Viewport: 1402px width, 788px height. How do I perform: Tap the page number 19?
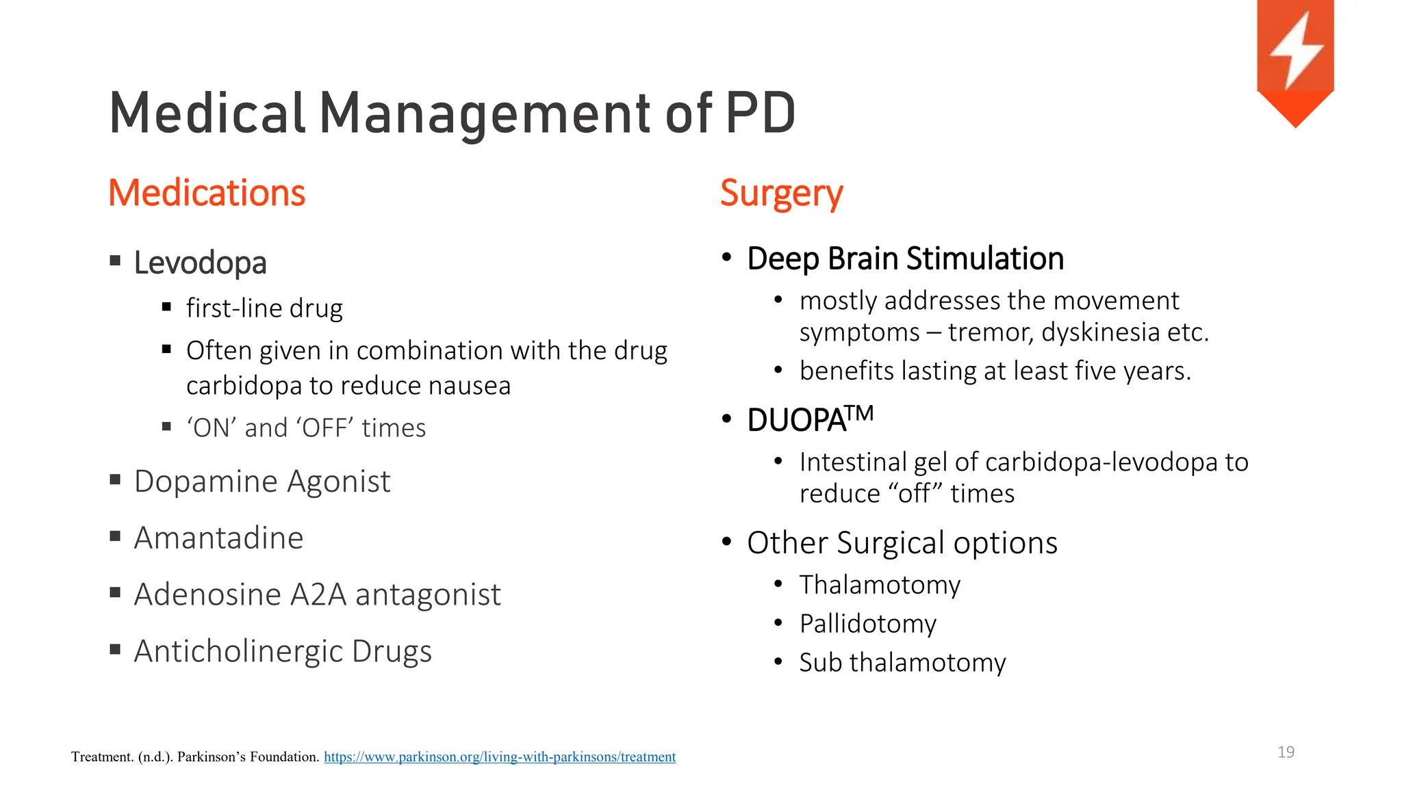click(x=1286, y=752)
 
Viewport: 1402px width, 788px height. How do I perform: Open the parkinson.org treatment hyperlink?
click(x=499, y=757)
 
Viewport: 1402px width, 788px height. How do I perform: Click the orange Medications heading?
click(x=207, y=193)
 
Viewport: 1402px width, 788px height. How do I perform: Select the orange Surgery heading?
click(x=781, y=194)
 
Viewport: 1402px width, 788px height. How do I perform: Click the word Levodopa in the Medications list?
click(x=200, y=263)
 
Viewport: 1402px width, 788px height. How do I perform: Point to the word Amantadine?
click(x=218, y=538)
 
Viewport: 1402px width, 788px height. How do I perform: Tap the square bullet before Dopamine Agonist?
click(x=115, y=480)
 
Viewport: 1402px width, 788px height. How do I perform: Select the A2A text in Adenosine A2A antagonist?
click(x=318, y=594)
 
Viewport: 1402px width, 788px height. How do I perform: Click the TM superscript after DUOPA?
click(x=859, y=413)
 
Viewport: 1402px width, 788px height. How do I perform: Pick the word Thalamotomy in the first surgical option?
click(x=880, y=586)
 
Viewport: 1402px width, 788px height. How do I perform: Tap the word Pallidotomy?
click(x=867, y=624)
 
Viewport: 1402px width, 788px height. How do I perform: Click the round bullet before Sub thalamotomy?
click(x=778, y=662)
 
